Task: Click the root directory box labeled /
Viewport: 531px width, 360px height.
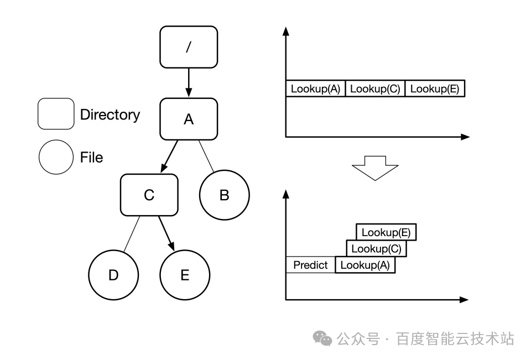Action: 188,46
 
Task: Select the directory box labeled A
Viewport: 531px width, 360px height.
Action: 188,119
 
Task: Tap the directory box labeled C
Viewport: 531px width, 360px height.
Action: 149,195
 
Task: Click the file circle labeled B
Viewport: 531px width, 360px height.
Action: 224,195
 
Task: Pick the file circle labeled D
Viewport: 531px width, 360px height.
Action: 113,275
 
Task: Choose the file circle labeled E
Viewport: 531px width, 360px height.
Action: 185,275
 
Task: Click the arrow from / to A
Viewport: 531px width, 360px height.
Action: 188,82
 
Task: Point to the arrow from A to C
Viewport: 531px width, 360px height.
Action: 169,156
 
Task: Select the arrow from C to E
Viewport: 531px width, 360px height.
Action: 166,233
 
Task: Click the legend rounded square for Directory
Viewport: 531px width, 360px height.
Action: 56,114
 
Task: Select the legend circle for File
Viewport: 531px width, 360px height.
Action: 56,157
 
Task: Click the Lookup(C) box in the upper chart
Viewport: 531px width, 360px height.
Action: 375,88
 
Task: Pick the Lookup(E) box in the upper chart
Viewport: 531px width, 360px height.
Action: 435,88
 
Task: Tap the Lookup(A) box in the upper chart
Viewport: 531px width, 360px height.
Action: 315,88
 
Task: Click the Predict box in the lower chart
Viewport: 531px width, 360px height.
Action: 310,265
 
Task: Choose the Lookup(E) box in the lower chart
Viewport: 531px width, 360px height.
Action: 386,232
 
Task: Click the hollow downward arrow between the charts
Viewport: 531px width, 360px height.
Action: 376,168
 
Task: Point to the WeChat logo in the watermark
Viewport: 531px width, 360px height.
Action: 322,338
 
